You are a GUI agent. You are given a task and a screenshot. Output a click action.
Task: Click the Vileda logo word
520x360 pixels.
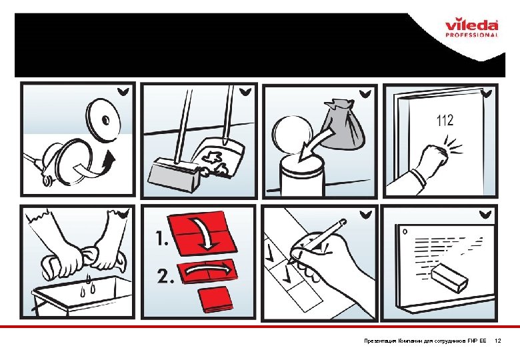click(471, 25)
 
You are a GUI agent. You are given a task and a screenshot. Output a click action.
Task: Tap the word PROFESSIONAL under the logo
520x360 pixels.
click(471, 35)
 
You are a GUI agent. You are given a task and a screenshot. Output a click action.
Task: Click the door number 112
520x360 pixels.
click(445, 120)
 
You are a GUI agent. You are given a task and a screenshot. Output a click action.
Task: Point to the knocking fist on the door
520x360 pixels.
click(435, 157)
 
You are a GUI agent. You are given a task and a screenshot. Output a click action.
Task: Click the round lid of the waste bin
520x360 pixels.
click(292, 133)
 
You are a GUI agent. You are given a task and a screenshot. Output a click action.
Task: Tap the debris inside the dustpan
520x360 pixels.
click(214, 160)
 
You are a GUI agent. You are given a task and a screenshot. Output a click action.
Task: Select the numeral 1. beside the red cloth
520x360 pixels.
click(162, 239)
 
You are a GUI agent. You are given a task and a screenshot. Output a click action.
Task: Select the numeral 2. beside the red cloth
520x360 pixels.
click(165, 276)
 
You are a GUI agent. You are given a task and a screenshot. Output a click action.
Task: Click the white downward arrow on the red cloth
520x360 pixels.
click(207, 233)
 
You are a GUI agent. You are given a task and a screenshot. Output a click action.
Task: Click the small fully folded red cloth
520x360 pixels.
click(215, 300)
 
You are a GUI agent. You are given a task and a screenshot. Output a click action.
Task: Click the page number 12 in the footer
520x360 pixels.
click(498, 341)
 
